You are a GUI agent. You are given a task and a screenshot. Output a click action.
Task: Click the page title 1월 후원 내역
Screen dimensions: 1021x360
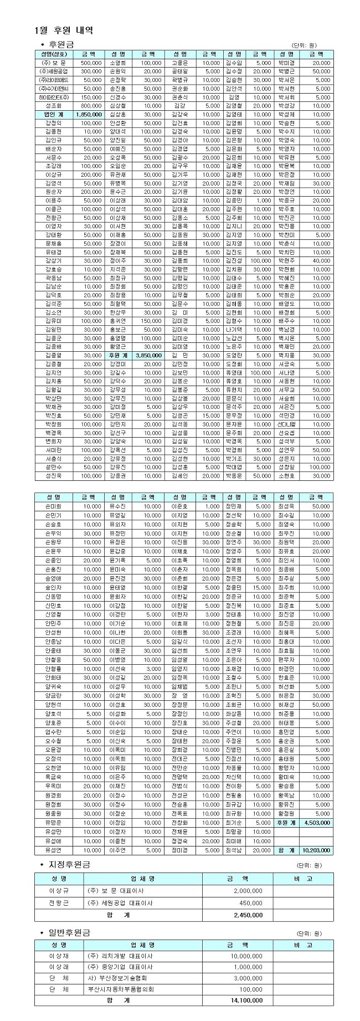pyautogui.click(x=63, y=30)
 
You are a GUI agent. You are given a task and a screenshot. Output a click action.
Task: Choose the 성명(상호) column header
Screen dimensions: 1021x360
pyautogui.click(x=54, y=54)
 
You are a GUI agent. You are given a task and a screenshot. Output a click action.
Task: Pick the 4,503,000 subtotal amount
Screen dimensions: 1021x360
pyautogui.click(x=317, y=823)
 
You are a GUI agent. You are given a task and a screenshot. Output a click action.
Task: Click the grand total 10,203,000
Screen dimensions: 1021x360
pyautogui.click(x=317, y=850)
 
